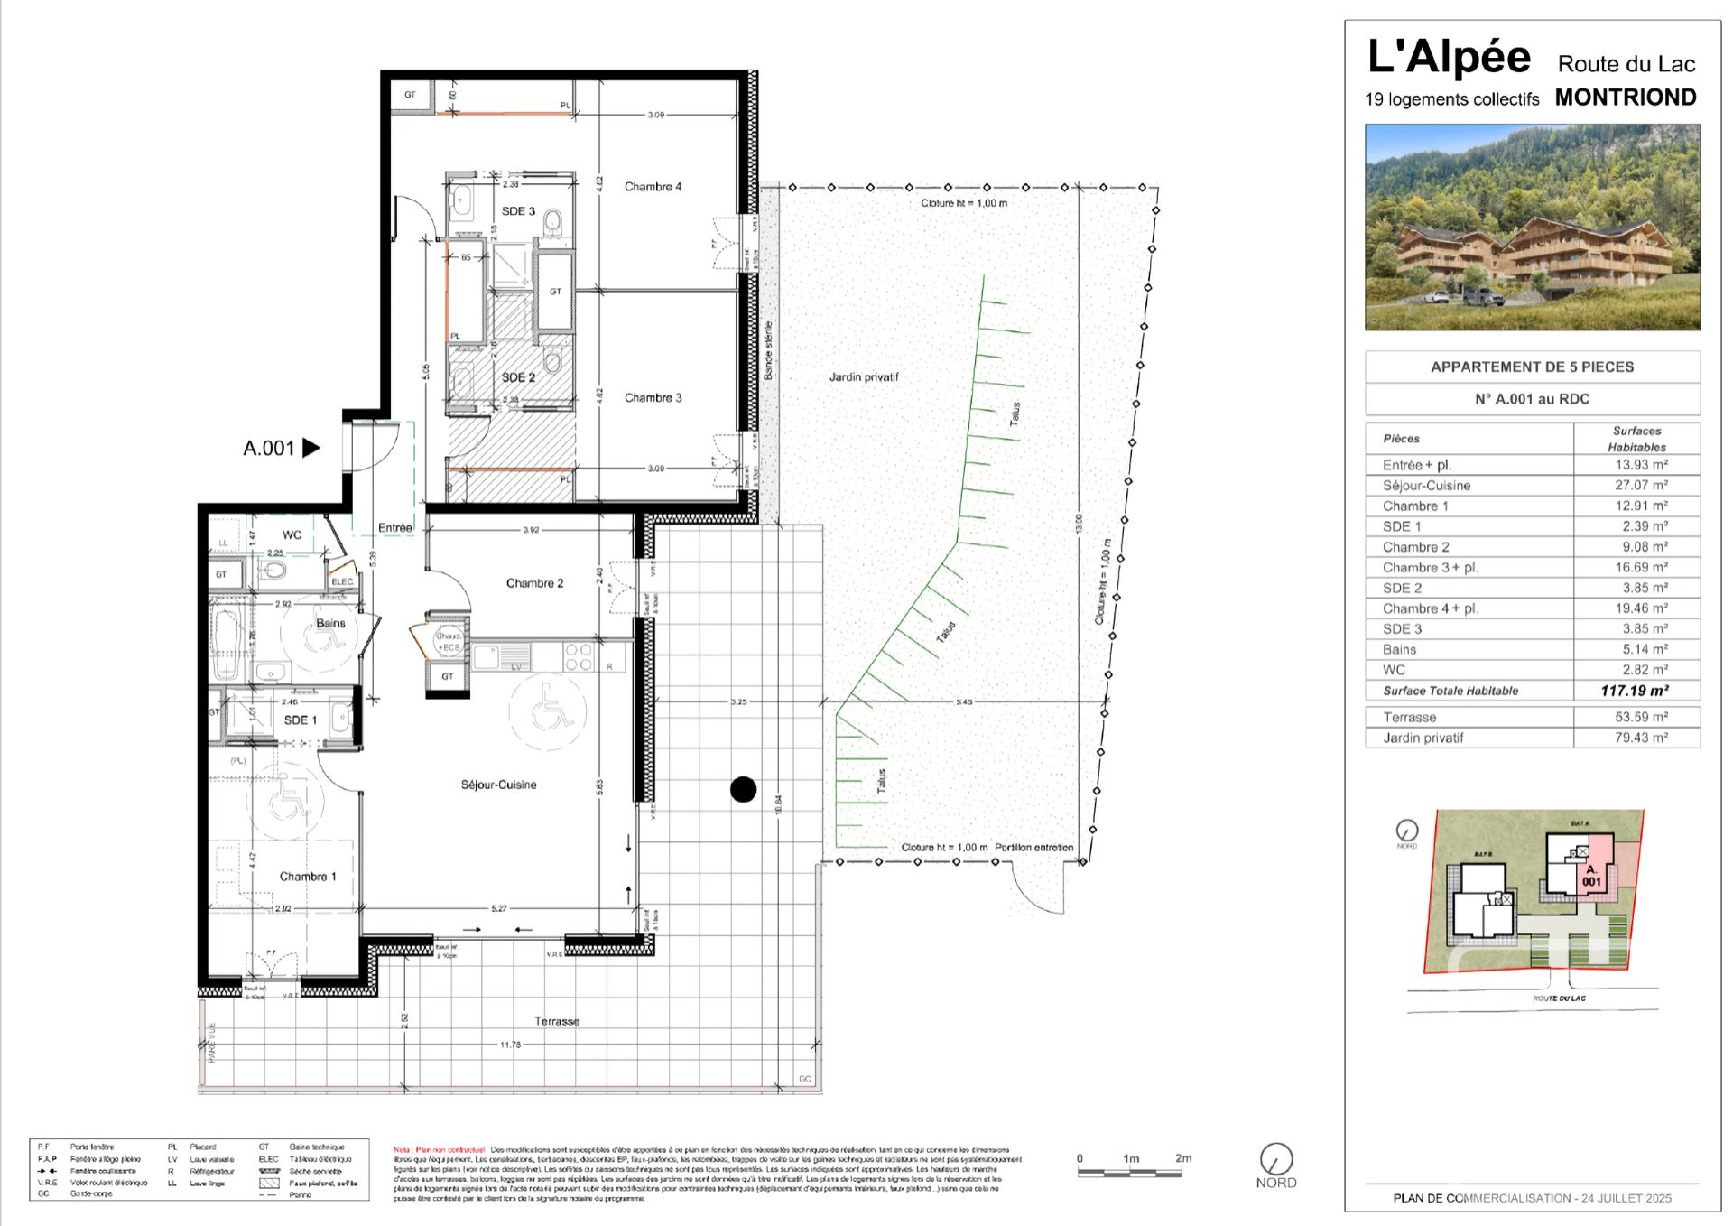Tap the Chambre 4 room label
coord(653,187)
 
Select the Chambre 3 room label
coord(653,397)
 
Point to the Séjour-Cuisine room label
coord(498,785)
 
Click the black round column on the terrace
coord(743,790)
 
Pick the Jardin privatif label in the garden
coord(864,377)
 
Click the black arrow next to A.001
coord(310,448)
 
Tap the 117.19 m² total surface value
coord(1635,691)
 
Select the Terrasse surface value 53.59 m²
coord(1641,717)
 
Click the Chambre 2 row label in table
coord(1415,547)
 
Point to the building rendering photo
coord(1532,228)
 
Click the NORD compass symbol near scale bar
coord(1275,1159)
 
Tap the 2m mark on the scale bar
coord(1182,1159)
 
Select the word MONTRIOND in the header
coord(1625,98)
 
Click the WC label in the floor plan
coord(292,534)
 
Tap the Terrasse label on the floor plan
coord(556,1021)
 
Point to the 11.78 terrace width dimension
coord(510,1045)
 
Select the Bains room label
coord(330,623)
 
